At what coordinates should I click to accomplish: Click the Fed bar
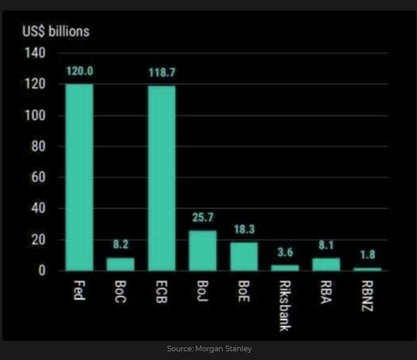click(x=80, y=177)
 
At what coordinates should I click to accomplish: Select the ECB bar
click(x=162, y=178)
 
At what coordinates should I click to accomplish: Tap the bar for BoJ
click(x=202, y=250)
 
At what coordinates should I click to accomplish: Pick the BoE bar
click(x=244, y=256)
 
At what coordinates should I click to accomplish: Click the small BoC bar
click(x=120, y=264)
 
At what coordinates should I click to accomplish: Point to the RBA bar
click(x=325, y=264)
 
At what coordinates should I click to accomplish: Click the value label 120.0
click(x=80, y=72)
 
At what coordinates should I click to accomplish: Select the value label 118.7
click(x=162, y=72)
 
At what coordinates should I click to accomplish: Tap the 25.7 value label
click(x=202, y=217)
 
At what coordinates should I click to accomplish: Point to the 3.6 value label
click(x=284, y=252)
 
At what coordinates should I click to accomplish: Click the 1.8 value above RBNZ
click(x=367, y=255)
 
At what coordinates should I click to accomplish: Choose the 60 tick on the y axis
click(x=39, y=178)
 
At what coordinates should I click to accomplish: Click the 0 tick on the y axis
click(x=42, y=271)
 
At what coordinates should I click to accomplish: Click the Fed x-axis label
click(x=80, y=290)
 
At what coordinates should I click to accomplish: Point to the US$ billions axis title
click(x=56, y=32)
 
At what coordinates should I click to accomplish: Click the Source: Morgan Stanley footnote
click(x=208, y=349)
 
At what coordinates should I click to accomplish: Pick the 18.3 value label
click(x=244, y=229)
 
